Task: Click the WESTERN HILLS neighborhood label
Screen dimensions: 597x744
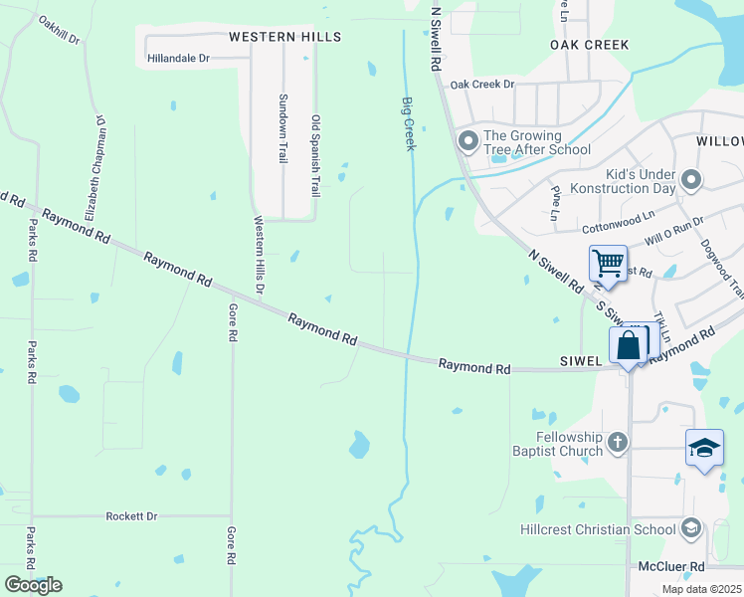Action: coord(284,37)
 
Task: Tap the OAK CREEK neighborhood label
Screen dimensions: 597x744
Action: coord(590,45)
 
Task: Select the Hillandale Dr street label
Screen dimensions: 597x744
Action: coord(178,59)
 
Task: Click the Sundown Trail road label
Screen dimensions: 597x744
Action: coord(282,129)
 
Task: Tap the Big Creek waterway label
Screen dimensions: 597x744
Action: coord(408,123)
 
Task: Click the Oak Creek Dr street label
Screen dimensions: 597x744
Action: coord(481,85)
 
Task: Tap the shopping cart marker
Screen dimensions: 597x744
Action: coord(608,265)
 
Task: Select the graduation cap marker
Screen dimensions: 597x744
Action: coord(704,448)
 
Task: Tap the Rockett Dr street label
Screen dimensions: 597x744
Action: coord(131,516)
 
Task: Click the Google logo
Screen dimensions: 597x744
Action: coord(33,585)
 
